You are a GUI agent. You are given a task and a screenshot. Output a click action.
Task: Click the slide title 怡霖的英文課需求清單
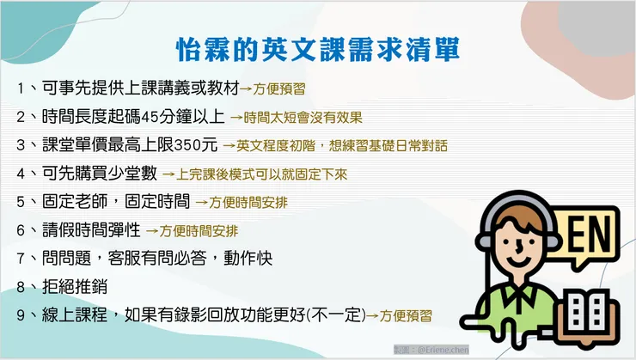[317, 47]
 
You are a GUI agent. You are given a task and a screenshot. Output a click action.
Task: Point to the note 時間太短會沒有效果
[298, 117]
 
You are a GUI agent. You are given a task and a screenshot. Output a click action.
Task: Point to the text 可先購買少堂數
[99, 173]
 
